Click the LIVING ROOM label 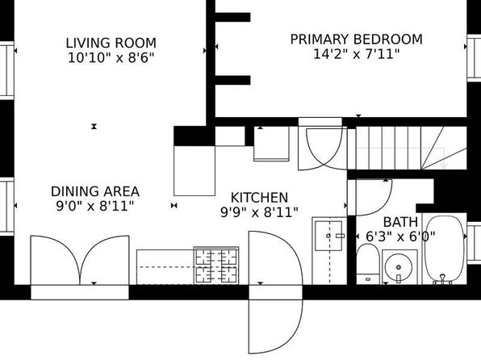pyautogui.click(x=111, y=43)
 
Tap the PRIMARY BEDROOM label pyautogui.click(x=357, y=40)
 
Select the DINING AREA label pyautogui.click(x=95, y=191)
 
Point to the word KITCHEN pyautogui.click(x=259, y=198)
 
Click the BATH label pyautogui.click(x=400, y=222)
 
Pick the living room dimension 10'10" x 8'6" pyautogui.click(x=111, y=57)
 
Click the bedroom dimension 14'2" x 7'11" pyautogui.click(x=357, y=54)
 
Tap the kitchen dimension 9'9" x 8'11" pyautogui.click(x=260, y=212)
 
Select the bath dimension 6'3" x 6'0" pyautogui.click(x=400, y=237)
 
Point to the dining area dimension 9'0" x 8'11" pyautogui.click(x=95, y=206)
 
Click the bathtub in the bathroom pyautogui.click(x=444, y=249)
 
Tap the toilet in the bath pyautogui.click(x=368, y=263)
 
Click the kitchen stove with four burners pyautogui.click(x=216, y=266)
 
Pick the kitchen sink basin pyautogui.click(x=328, y=236)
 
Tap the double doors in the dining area pyautogui.click(x=80, y=261)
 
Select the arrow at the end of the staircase pyautogui.click(x=444, y=165)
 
